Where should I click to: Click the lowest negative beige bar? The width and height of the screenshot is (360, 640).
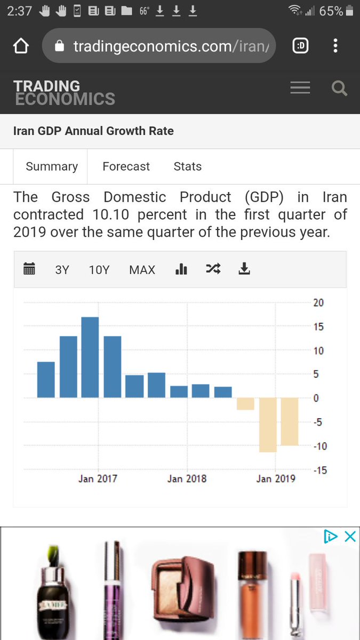tap(268, 425)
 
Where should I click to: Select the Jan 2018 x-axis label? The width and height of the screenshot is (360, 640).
tap(186, 478)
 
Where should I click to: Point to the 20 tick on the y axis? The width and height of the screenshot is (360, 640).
tap(318, 303)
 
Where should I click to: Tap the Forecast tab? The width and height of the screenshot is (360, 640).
tap(126, 166)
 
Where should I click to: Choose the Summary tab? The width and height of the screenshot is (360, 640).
tap(52, 166)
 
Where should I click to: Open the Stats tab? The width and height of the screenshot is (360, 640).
tap(188, 166)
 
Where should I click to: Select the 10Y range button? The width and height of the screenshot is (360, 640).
tap(99, 270)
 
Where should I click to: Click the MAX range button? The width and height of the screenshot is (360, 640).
tap(142, 270)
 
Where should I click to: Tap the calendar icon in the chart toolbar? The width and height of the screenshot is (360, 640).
tap(30, 269)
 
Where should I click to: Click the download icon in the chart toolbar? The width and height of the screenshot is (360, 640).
tap(244, 269)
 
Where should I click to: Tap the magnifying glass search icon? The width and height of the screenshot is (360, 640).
tap(339, 88)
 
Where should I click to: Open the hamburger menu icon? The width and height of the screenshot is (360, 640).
tap(300, 88)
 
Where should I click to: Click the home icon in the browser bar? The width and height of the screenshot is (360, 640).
tap(20, 47)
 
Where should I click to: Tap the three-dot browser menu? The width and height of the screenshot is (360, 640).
tap(335, 46)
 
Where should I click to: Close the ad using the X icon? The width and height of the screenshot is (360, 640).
tap(350, 537)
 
